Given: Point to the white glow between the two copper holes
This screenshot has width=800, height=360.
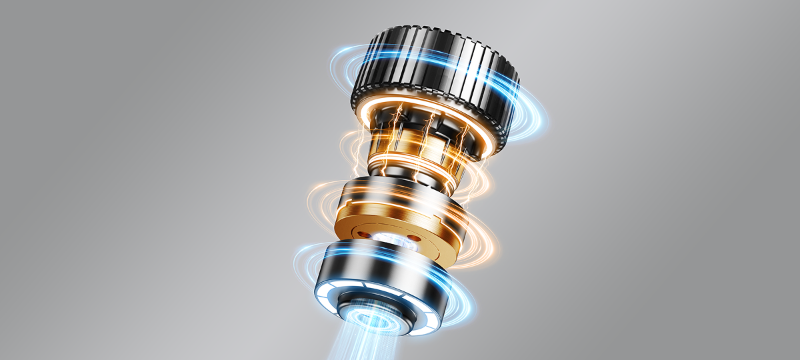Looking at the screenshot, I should pyautogui.click(x=389, y=237).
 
